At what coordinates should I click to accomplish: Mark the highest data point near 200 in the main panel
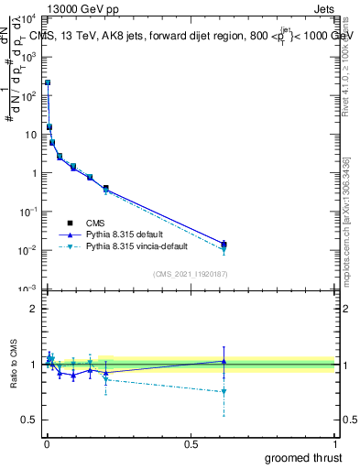click(x=48, y=82)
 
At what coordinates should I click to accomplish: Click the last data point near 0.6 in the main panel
click(x=224, y=244)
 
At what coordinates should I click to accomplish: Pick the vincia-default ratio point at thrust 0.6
click(x=224, y=391)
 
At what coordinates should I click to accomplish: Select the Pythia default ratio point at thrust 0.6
click(x=224, y=362)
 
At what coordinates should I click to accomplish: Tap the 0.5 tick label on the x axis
click(x=190, y=442)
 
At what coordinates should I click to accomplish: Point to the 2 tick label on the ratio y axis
click(x=35, y=309)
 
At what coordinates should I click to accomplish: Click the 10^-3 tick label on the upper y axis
click(x=28, y=289)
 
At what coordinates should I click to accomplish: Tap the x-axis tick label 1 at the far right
click(x=333, y=442)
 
